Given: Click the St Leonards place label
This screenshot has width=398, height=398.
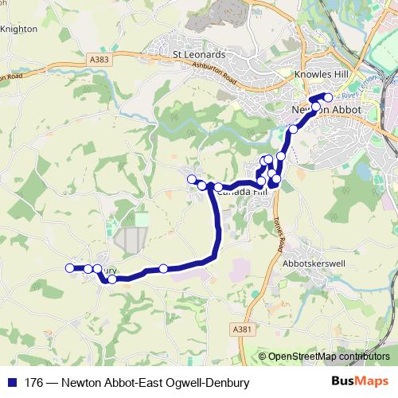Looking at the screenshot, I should [199, 54].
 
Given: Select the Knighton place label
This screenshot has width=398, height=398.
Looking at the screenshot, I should [19, 29].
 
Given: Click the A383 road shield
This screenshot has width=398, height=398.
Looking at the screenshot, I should [99, 60].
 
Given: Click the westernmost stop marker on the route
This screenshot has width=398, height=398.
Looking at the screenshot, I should [70, 267].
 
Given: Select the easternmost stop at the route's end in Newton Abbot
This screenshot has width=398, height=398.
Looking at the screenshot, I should [328, 98].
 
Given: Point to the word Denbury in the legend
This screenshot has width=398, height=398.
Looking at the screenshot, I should [226, 382].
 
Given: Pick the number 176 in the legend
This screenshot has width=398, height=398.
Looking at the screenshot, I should [34, 382].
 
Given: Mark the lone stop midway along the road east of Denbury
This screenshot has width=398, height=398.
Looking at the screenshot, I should [163, 269].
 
